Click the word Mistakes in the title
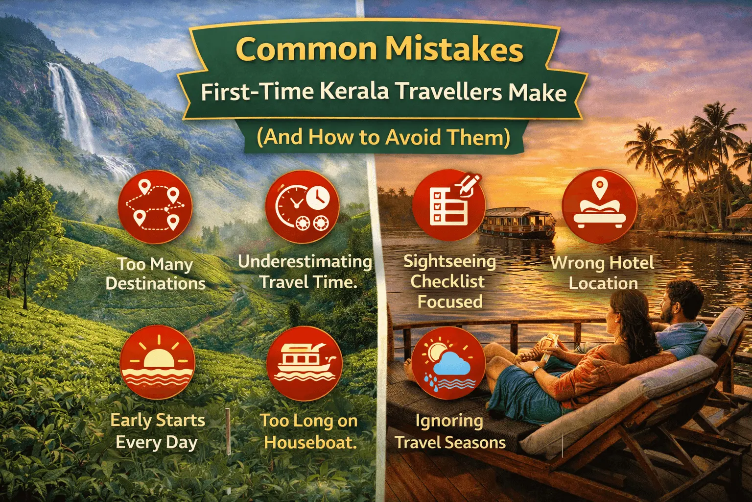click(454, 50)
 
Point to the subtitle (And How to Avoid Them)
click(383, 137)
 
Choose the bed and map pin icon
click(599, 206)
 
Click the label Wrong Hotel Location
click(602, 273)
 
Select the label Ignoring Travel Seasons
click(450, 432)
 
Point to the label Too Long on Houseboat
click(309, 432)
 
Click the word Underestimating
click(305, 262)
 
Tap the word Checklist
click(447, 281)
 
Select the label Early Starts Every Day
click(157, 432)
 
